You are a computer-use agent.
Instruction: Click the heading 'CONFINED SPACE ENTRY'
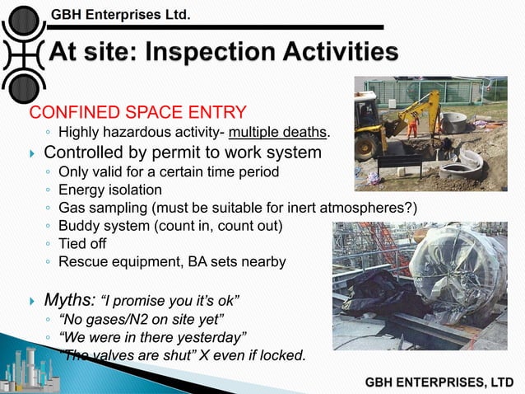pos(137,112)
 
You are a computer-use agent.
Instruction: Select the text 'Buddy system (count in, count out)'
pos(166,225)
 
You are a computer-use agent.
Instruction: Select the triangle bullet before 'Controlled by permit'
pos(32,154)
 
